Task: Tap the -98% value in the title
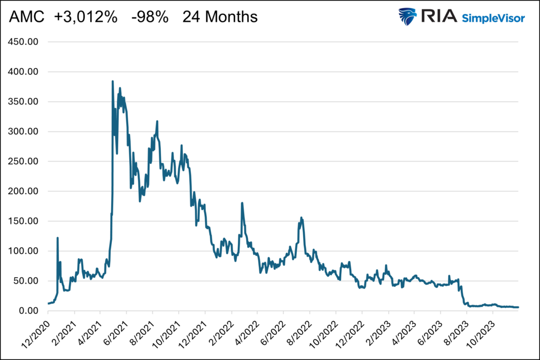point(150,17)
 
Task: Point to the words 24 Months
point(220,17)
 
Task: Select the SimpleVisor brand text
point(493,18)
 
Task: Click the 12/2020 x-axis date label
point(36,332)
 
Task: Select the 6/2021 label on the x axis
point(115,332)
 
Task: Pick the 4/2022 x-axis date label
point(246,332)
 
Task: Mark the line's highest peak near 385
point(113,81)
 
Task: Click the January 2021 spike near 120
point(57,238)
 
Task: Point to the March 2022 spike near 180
point(242,203)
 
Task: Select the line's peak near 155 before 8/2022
point(301,218)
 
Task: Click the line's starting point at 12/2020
point(49,304)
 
